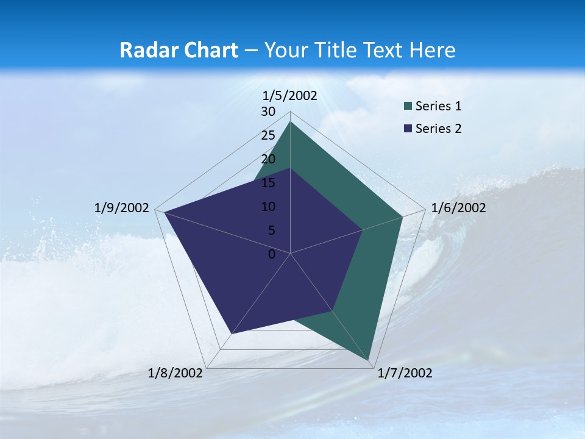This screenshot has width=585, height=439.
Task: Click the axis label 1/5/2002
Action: click(289, 95)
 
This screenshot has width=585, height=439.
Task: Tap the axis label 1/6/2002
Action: click(458, 208)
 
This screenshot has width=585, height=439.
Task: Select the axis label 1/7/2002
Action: click(405, 373)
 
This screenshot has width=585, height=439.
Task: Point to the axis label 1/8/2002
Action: click(175, 373)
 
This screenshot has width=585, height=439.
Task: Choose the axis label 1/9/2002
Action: click(122, 208)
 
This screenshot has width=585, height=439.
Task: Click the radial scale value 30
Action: click(268, 112)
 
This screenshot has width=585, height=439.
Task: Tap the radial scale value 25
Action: click(268, 135)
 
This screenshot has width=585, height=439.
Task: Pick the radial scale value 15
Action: click(268, 183)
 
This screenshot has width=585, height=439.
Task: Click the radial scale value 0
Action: click(272, 254)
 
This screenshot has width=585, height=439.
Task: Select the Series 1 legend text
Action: click(438, 106)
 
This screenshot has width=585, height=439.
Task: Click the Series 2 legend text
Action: click(438, 129)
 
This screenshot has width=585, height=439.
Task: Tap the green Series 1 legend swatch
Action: click(407, 107)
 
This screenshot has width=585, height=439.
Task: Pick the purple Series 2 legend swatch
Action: click(407, 129)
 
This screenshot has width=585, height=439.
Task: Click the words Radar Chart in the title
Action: click(179, 50)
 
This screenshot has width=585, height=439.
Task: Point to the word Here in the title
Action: click(432, 50)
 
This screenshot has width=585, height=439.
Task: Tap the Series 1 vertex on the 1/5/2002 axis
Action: click(290, 122)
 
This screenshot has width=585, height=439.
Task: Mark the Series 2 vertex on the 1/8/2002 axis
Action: click(232, 333)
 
